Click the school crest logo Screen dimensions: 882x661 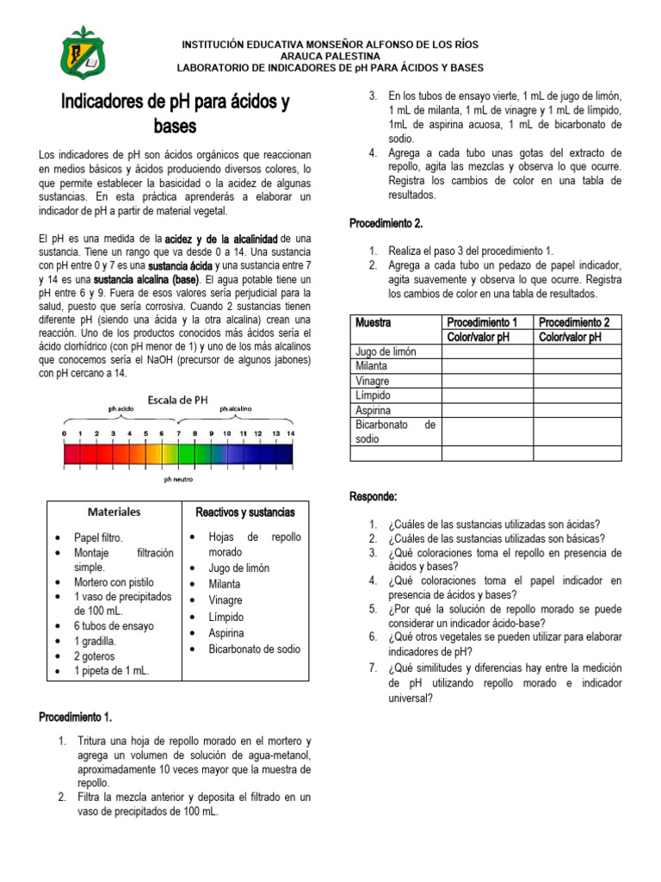coord(83,52)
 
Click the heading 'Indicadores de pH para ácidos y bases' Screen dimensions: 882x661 coord(175,114)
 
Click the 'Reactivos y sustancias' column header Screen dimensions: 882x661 coord(245,512)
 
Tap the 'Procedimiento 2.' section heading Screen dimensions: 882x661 coord(386,223)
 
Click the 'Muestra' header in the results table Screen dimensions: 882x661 coord(373,322)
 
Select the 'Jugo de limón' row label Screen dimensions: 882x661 coord(386,351)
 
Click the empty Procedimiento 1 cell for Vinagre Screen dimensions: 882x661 coord(486,380)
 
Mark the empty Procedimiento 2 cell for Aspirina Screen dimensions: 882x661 coord(577,409)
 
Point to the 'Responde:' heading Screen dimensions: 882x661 coord(373,497)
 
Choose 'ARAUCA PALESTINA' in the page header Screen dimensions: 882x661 coord(330,55)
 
